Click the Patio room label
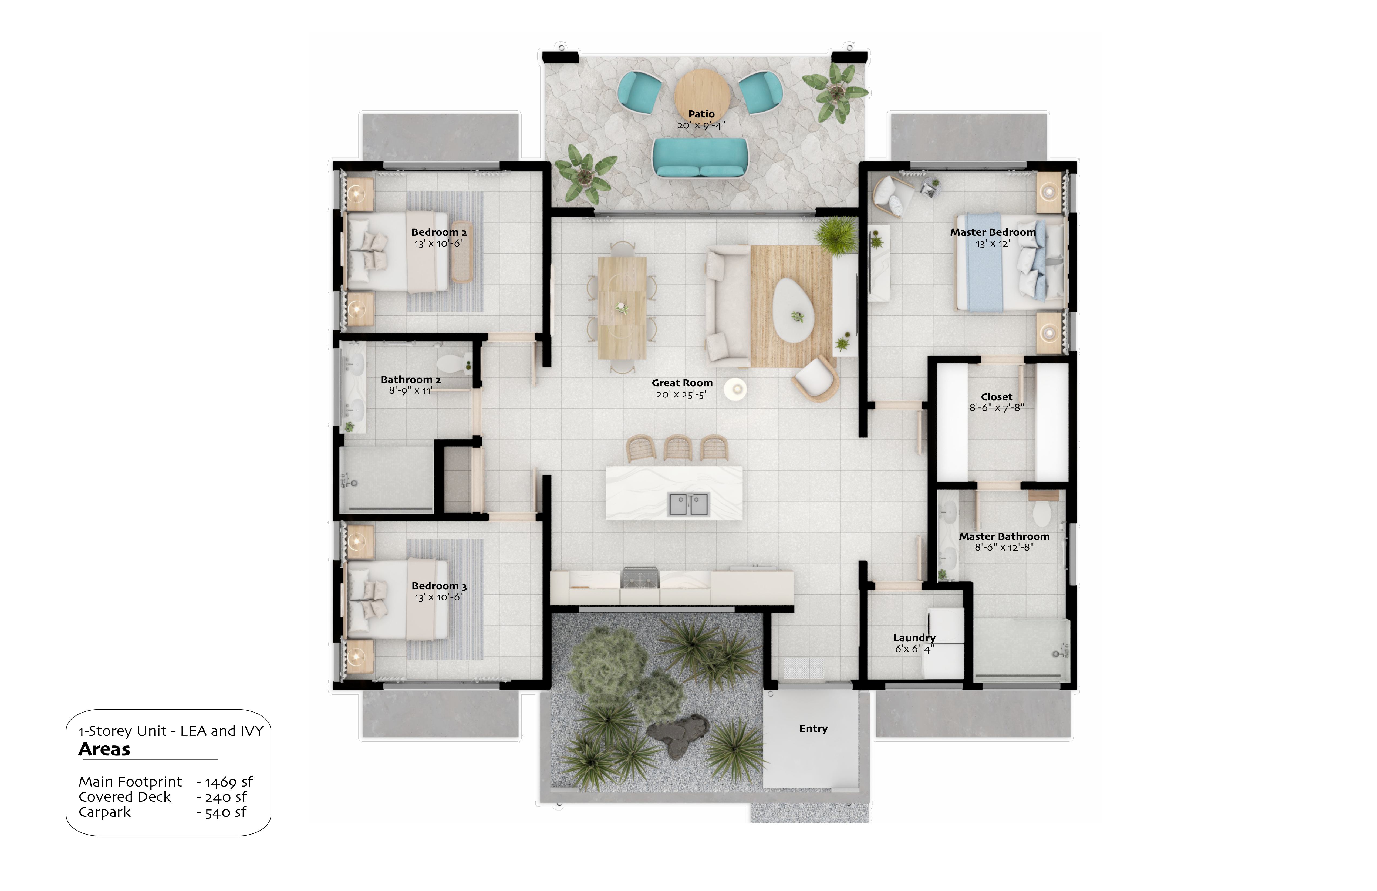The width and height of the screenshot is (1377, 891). (x=701, y=114)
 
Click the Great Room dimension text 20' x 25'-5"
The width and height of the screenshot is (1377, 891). (x=682, y=394)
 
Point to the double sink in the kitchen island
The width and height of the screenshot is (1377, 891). (x=688, y=504)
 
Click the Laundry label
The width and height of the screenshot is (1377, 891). (x=914, y=637)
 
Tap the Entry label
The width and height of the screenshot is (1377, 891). (x=813, y=728)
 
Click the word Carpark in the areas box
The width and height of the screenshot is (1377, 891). (x=105, y=812)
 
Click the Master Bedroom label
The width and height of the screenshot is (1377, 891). (x=993, y=232)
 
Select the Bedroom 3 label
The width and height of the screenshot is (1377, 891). (x=438, y=586)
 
